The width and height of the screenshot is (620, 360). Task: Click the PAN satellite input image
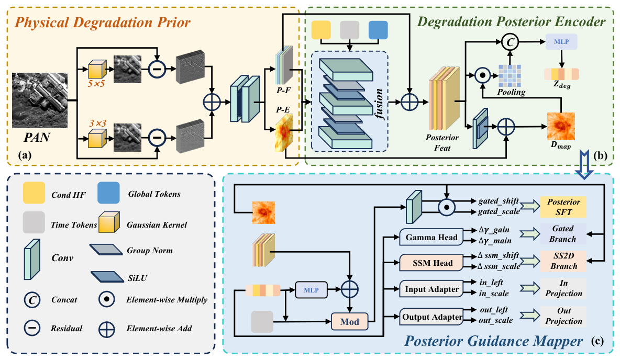40,100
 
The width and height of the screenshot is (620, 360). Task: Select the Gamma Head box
431,237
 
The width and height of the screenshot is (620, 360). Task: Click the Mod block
350,321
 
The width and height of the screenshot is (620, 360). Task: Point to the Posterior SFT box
563,207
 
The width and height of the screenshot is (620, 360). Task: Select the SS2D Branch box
563,261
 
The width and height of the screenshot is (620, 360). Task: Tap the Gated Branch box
563,233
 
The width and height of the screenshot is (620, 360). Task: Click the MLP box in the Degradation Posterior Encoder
561,41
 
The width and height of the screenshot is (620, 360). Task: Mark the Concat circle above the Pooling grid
510,42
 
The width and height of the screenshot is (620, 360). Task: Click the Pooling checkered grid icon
510,75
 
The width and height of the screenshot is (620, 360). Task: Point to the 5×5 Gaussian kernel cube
97,70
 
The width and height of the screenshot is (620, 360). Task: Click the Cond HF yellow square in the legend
34,193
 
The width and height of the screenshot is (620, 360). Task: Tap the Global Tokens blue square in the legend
108,193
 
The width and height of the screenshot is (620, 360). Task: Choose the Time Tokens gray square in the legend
34,222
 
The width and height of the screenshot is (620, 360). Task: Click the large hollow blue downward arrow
584,164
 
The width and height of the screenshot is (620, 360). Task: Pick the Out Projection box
563,316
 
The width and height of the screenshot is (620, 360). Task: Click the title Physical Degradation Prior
103,22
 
